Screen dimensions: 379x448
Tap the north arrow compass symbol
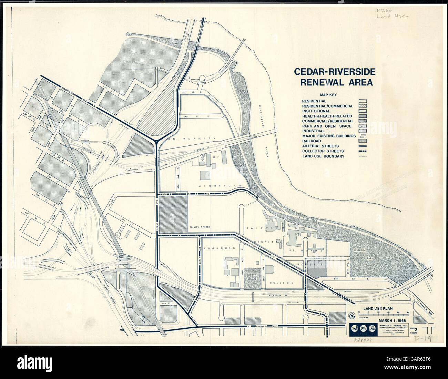tap(352, 315)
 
